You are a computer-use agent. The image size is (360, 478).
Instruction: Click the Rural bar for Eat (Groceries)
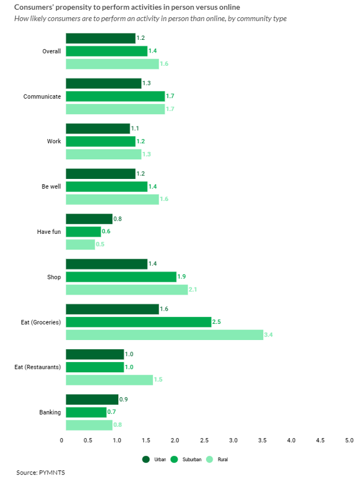coord(164,335)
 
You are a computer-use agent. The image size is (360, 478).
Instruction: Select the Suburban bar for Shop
coord(121,277)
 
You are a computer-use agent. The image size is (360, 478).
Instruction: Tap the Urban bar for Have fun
coord(89,219)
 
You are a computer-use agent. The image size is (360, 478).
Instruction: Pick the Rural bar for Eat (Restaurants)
coord(109,380)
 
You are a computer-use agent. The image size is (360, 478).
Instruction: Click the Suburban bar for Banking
coord(86,412)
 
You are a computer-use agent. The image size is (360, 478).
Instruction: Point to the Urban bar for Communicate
coord(103,83)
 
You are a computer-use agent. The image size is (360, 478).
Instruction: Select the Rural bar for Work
coord(103,154)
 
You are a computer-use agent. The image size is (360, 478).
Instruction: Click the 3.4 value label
coord(269,335)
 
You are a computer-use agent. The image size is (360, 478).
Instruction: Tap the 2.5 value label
coord(217,322)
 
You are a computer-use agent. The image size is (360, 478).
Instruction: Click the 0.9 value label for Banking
coord(123,399)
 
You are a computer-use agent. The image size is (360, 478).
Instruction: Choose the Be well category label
coord(51,186)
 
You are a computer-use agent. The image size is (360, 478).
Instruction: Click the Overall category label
coord(51,51)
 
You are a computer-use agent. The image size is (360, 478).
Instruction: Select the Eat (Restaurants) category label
coord(37,367)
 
